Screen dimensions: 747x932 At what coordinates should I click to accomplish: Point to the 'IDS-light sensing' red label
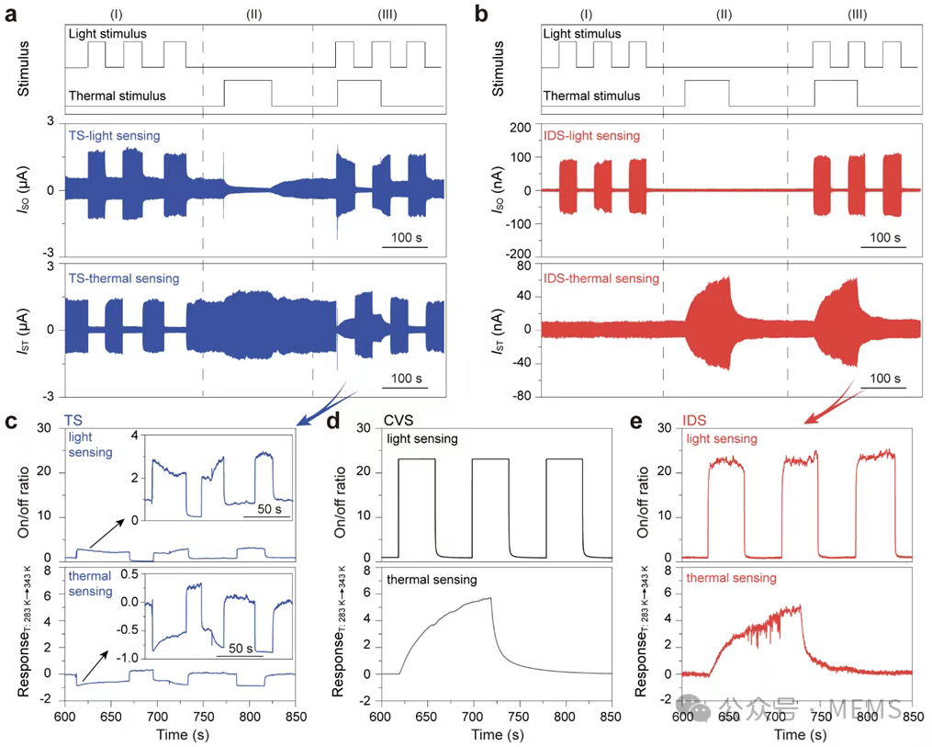[591, 135]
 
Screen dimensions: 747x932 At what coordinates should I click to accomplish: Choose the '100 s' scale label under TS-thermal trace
[404, 379]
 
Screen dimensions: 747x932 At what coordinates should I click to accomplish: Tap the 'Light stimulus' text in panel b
[581, 34]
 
